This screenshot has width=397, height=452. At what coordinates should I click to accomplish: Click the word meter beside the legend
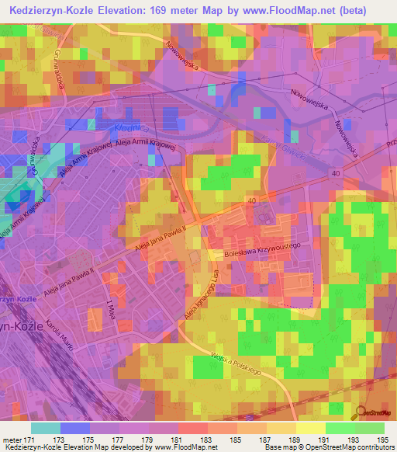pos(12,440)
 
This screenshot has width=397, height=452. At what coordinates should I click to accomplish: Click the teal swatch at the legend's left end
pos(46,428)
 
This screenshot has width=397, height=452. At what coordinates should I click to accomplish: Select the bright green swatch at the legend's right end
pos(370,428)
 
